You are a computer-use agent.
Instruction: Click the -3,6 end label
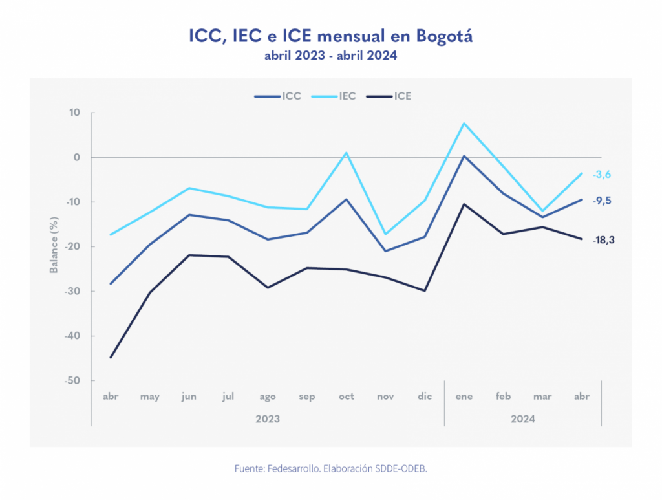click(602, 174)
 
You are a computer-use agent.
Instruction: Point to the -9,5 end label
click(602, 201)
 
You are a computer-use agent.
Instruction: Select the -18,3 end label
click(604, 240)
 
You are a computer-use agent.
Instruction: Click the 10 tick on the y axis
click(75, 113)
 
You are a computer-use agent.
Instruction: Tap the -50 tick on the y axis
click(72, 380)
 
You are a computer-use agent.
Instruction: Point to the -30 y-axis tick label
click(72, 291)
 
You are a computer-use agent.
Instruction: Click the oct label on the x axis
click(347, 397)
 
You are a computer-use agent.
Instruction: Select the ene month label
click(464, 397)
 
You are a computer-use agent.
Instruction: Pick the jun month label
click(189, 397)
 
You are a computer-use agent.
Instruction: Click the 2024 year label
click(522, 418)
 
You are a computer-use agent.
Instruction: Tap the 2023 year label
click(268, 418)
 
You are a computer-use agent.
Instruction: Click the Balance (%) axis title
click(54, 246)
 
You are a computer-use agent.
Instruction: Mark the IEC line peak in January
click(464, 123)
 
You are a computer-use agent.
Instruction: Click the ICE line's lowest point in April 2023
click(111, 357)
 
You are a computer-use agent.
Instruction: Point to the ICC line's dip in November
click(385, 251)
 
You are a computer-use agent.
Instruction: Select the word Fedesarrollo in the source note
click(295, 468)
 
